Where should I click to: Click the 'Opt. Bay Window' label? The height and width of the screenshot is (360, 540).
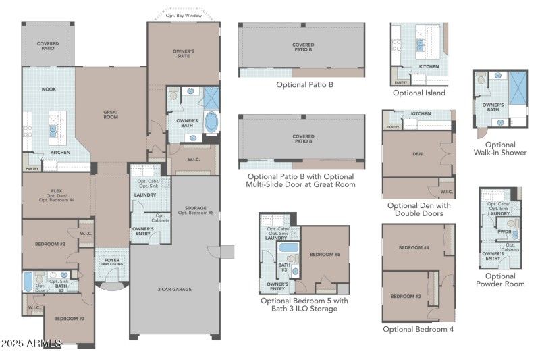coord(184,15)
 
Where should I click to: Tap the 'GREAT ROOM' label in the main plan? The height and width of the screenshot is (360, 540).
coord(111,115)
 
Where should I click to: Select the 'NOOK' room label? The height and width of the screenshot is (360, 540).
coord(49,89)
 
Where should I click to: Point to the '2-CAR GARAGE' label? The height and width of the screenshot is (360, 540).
coord(174,289)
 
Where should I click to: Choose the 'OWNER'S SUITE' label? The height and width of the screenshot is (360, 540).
coord(184,53)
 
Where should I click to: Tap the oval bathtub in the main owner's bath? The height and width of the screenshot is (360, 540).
coord(211,123)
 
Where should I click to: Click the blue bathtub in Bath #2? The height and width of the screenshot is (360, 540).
coord(28,282)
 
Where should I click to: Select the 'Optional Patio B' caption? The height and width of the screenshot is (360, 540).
coord(304,85)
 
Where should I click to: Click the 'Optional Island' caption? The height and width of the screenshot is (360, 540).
coord(418,93)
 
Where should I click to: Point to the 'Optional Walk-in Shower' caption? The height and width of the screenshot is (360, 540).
coord(500,149)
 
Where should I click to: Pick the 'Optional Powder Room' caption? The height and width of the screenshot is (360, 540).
coord(500,280)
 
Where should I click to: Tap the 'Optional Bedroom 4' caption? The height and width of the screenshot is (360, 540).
coord(418,329)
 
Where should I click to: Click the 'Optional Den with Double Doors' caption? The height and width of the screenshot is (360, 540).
coord(418,209)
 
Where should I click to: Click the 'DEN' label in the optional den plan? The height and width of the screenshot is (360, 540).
coord(417,153)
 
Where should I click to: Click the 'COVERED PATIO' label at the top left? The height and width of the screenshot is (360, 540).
coord(48,46)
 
